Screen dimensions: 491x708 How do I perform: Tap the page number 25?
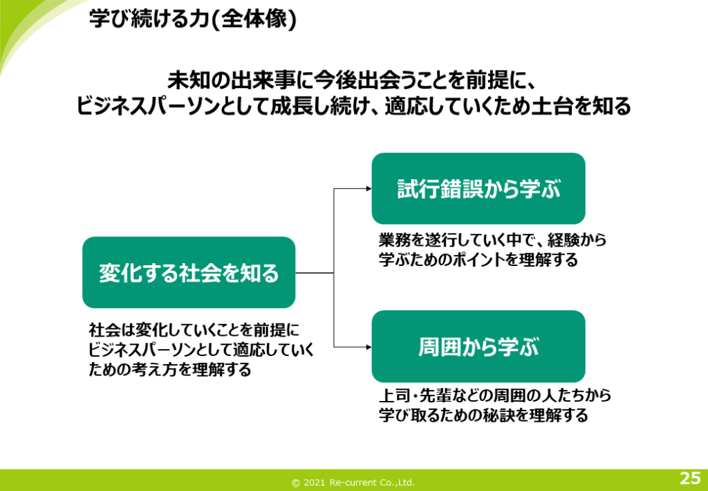pyautogui.click(x=689, y=478)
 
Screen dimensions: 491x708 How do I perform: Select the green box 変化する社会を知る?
pyautogui.click(x=189, y=273)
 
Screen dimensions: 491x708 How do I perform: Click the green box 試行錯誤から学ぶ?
pyautogui.click(x=478, y=189)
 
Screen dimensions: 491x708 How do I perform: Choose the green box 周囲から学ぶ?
pyautogui.click(x=478, y=346)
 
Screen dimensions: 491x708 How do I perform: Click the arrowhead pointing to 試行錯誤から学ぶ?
pyautogui.click(x=367, y=188)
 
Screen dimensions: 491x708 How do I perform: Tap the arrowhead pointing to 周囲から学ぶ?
pyautogui.click(x=367, y=346)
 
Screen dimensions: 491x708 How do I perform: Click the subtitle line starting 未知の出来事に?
pyautogui.click(x=353, y=80)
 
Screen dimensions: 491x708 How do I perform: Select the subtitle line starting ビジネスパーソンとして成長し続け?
pyautogui.click(x=354, y=107)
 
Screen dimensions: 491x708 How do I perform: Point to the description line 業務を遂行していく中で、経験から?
pyautogui.click(x=492, y=240)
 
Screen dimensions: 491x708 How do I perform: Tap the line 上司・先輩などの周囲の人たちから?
pyautogui.click(x=495, y=396)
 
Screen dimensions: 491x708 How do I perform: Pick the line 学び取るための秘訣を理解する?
pyautogui.click(x=483, y=416)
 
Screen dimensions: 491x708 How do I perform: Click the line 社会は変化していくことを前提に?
pyautogui.click(x=194, y=330)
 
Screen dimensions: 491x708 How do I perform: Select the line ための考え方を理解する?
pyautogui.click(x=169, y=370)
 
